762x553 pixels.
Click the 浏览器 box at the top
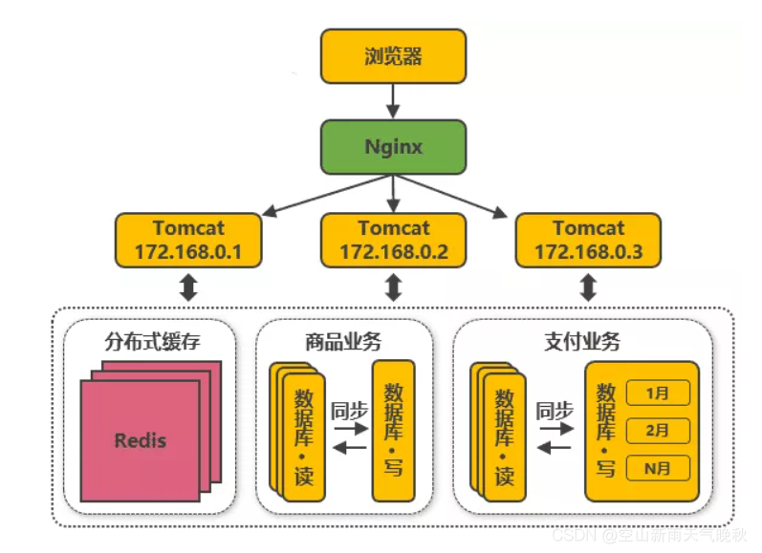[393, 55]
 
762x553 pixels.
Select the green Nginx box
[393, 147]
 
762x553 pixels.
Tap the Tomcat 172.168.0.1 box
[188, 240]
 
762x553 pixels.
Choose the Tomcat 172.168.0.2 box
[394, 240]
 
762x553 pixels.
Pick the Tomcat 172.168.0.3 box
[588, 240]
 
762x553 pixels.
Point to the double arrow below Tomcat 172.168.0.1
[188, 287]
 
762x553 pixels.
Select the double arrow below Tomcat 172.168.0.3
[588, 287]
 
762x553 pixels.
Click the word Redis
[141, 440]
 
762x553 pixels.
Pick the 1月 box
[657, 393]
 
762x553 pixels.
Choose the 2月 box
[657, 431]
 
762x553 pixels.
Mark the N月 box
[657, 468]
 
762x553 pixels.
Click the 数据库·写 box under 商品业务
[393, 430]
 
